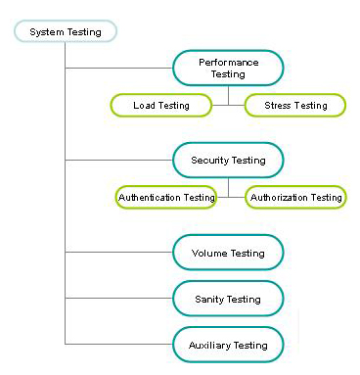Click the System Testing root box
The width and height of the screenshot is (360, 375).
65,31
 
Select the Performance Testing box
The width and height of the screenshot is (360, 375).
228,68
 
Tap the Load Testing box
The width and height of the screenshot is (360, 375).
161,105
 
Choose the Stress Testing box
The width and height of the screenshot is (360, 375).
294,105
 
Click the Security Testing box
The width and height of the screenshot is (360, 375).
228,160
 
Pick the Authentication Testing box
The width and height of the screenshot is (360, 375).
166,197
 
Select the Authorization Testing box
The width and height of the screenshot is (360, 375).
295,197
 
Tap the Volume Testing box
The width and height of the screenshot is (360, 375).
228,253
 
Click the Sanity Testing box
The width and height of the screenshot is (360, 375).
228,299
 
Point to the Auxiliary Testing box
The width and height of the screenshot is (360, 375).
228,345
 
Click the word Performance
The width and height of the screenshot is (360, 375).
228,62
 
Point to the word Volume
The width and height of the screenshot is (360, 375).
209,253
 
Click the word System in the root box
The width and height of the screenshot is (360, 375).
46,31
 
